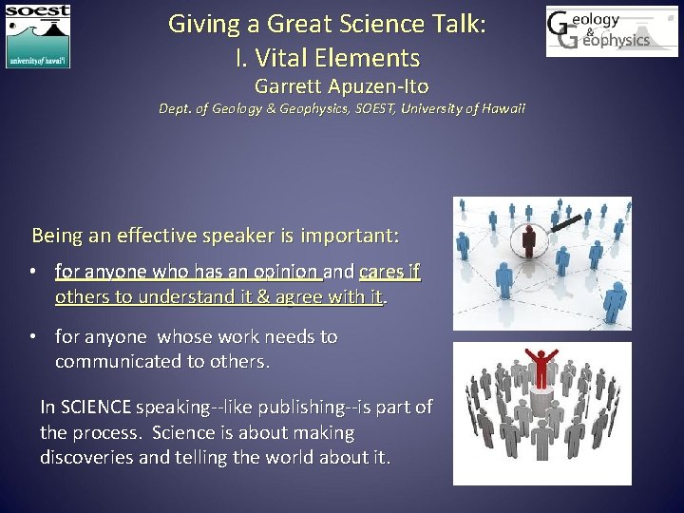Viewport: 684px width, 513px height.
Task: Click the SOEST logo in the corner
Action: (38, 36)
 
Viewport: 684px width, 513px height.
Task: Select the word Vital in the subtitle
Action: (278, 58)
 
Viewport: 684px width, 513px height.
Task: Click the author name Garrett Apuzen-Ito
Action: (341, 86)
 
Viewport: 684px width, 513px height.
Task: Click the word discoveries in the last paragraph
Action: (88, 457)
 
